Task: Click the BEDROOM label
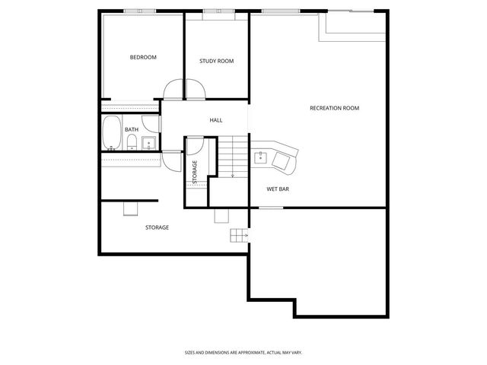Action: coord(143,58)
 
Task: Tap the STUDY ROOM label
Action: coord(216,62)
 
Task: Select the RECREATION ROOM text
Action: coord(334,108)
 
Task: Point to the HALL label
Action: coord(216,120)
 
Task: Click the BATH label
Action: coord(132,129)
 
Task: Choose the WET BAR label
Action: coord(277,189)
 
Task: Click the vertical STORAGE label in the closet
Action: coord(195,172)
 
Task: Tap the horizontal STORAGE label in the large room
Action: coord(157,227)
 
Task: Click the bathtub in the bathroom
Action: coord(112,132)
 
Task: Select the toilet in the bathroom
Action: coord(132,142)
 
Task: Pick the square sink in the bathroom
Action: coord(148,142)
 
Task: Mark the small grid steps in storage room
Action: coord(240,236)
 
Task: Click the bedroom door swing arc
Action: coord(172,90)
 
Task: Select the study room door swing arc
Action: coord(195,90)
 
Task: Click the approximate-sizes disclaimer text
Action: coord(243,352)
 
